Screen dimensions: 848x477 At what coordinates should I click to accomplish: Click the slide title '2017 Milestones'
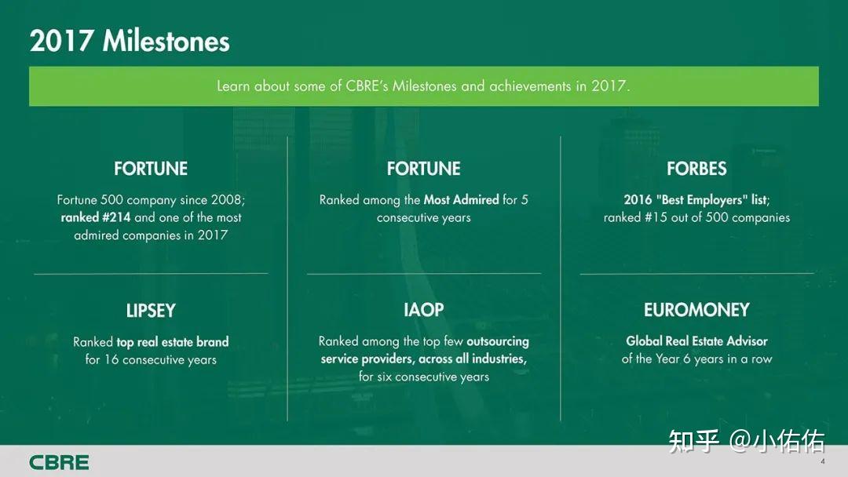(x=130, y=41)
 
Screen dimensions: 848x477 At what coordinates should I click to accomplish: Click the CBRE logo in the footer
(x=59, y=462)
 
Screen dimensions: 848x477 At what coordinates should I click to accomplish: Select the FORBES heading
(x=696, y=169)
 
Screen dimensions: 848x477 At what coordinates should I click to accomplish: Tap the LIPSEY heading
(x=151, y=311)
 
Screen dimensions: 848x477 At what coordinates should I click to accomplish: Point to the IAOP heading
(x=423, y=310)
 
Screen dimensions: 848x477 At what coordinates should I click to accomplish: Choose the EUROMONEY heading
(x=696, y=310)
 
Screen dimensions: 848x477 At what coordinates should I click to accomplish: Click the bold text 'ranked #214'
(x=96, y=217)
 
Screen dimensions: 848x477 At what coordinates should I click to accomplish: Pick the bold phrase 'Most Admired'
(x=462, y=200)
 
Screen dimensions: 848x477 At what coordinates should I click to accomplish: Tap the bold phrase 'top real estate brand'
(x=173, y=342)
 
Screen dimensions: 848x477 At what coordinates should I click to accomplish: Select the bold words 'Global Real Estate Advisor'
(x=696, y=340)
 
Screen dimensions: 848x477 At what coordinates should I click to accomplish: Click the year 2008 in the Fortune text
(x=227, y=200)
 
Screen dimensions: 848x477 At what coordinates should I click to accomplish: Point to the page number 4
(x=823, y=461)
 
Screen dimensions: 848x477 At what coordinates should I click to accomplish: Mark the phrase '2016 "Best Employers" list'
(x=696, y=200)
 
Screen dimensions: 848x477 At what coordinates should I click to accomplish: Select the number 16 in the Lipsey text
(x=111, y=360)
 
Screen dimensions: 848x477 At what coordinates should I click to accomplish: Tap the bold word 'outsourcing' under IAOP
(x=498, y=341)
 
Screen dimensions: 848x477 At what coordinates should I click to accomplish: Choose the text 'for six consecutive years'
(x=424, y=377)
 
